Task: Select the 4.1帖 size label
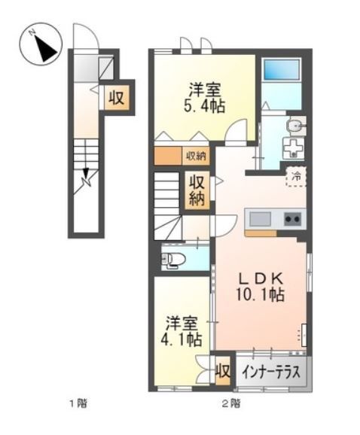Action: point(182,339)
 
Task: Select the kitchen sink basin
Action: point(261,219)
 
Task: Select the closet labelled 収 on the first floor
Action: point(115,97)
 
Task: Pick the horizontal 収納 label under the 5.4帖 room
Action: point(196,156)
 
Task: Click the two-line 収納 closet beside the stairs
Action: point(197,190)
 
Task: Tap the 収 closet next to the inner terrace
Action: point(222,371)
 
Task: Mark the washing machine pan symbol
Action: point(291,148)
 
